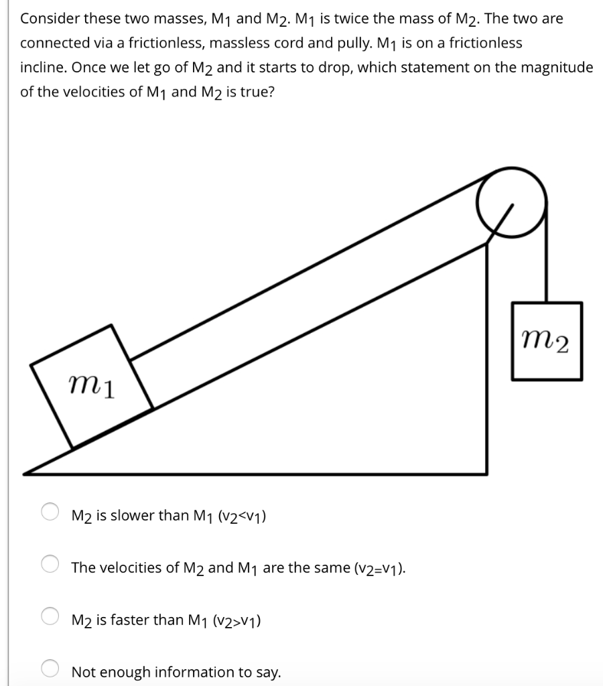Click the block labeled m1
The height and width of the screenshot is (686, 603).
[x=92, y=387]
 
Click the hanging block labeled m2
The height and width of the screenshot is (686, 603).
[x=546, y=341]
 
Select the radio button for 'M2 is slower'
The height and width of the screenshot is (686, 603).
[x=51, y=513]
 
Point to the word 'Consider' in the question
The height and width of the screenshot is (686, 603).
[x=47, y=19]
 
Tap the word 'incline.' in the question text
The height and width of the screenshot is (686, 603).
[x=44, y=68]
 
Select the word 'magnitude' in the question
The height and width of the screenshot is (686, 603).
[x=557, y=68]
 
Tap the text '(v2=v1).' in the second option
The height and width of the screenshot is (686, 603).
[x=378, y=568]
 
